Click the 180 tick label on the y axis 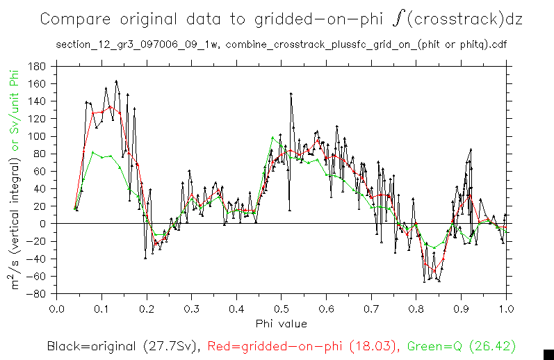pos(38,67)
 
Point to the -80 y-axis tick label pos(36,293)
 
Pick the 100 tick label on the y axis pos(38,136)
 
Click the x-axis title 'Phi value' pos(281,322)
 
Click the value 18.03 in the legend pos(372,345)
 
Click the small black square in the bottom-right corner pos(548,354)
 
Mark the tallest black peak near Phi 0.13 pos(116,81)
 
